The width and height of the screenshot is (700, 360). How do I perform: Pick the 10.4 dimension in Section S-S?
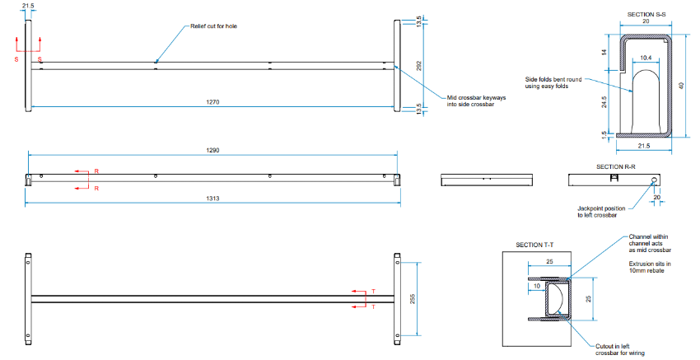point(645,58)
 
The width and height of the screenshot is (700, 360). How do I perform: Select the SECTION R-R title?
point(614,166)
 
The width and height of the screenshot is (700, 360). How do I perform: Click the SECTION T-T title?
point(534,245)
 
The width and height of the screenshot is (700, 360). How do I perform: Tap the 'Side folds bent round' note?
point(553,82)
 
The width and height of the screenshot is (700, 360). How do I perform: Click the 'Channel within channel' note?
point(651,245)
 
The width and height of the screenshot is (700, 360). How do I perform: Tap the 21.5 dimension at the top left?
point(28,6)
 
